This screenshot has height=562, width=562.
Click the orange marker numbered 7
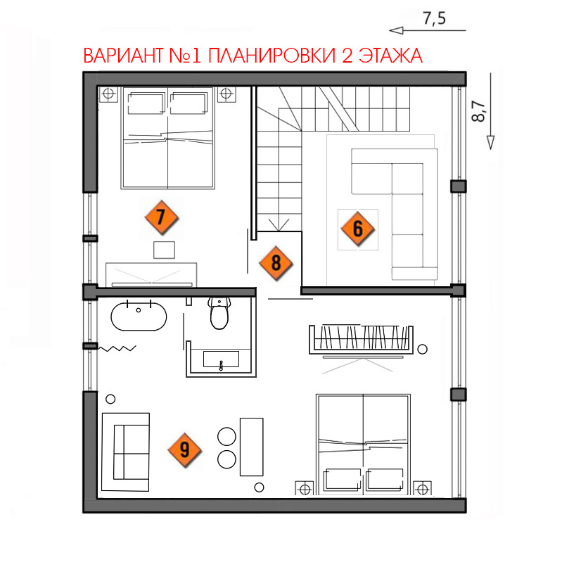tap(162, 217)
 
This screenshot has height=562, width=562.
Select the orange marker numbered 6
tap(358, 229)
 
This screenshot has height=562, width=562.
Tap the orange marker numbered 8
tap(276, 263)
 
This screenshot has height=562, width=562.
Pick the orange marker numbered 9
tap(184, 449)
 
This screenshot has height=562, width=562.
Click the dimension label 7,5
tap(435, 18)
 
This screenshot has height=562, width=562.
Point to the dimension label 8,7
tap(478, 111)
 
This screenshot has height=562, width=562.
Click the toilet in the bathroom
tap(219, 313)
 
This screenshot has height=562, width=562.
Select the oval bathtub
tap(139, 317)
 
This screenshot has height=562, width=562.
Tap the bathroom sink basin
tap(221, 359)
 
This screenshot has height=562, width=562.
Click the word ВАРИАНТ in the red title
tap(123, 56)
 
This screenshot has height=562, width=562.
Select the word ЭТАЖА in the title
tap(390, 56)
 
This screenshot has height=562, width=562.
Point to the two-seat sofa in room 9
tap(125, 452)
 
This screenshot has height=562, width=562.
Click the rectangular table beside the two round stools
tap(252, 447)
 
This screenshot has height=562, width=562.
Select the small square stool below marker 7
tap(164, 250)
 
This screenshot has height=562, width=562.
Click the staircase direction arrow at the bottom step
tap(279, 224)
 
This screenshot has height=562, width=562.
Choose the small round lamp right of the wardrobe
tap(423, 349)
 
